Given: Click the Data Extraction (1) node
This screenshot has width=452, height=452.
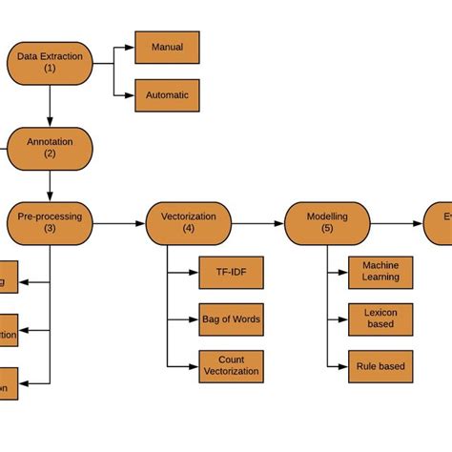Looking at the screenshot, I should [x=50, y=62].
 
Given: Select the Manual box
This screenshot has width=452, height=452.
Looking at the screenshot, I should [x=167, y=47].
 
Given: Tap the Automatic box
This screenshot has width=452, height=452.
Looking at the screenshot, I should [x=167, y=95].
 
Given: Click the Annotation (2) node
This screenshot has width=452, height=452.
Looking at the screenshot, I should [x=50, y=147].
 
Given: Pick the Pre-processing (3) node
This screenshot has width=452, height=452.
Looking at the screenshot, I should [x=50, y=222].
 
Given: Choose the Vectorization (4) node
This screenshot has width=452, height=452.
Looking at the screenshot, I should [x=188, y=222].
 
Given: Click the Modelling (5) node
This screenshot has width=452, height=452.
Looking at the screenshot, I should [x=327, y=222].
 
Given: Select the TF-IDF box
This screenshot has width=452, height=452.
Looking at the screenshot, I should [x=231, y=273].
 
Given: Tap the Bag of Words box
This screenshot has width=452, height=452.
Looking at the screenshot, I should [x=231, y=318].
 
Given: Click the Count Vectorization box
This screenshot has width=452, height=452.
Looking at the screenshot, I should [x=231, y=366].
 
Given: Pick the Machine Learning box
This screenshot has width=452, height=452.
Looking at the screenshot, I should [x=380, y=271].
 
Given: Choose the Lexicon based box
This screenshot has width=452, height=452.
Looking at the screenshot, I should [x=380, y=318].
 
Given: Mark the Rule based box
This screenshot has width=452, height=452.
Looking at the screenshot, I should [x=380, y=366].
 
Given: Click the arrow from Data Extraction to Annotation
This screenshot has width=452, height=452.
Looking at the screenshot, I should [x=50, y=105].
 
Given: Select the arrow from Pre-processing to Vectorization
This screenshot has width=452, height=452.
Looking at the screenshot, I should [x=119, y=223].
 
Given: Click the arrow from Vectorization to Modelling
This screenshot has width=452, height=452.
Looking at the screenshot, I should [x=257, y=223].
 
